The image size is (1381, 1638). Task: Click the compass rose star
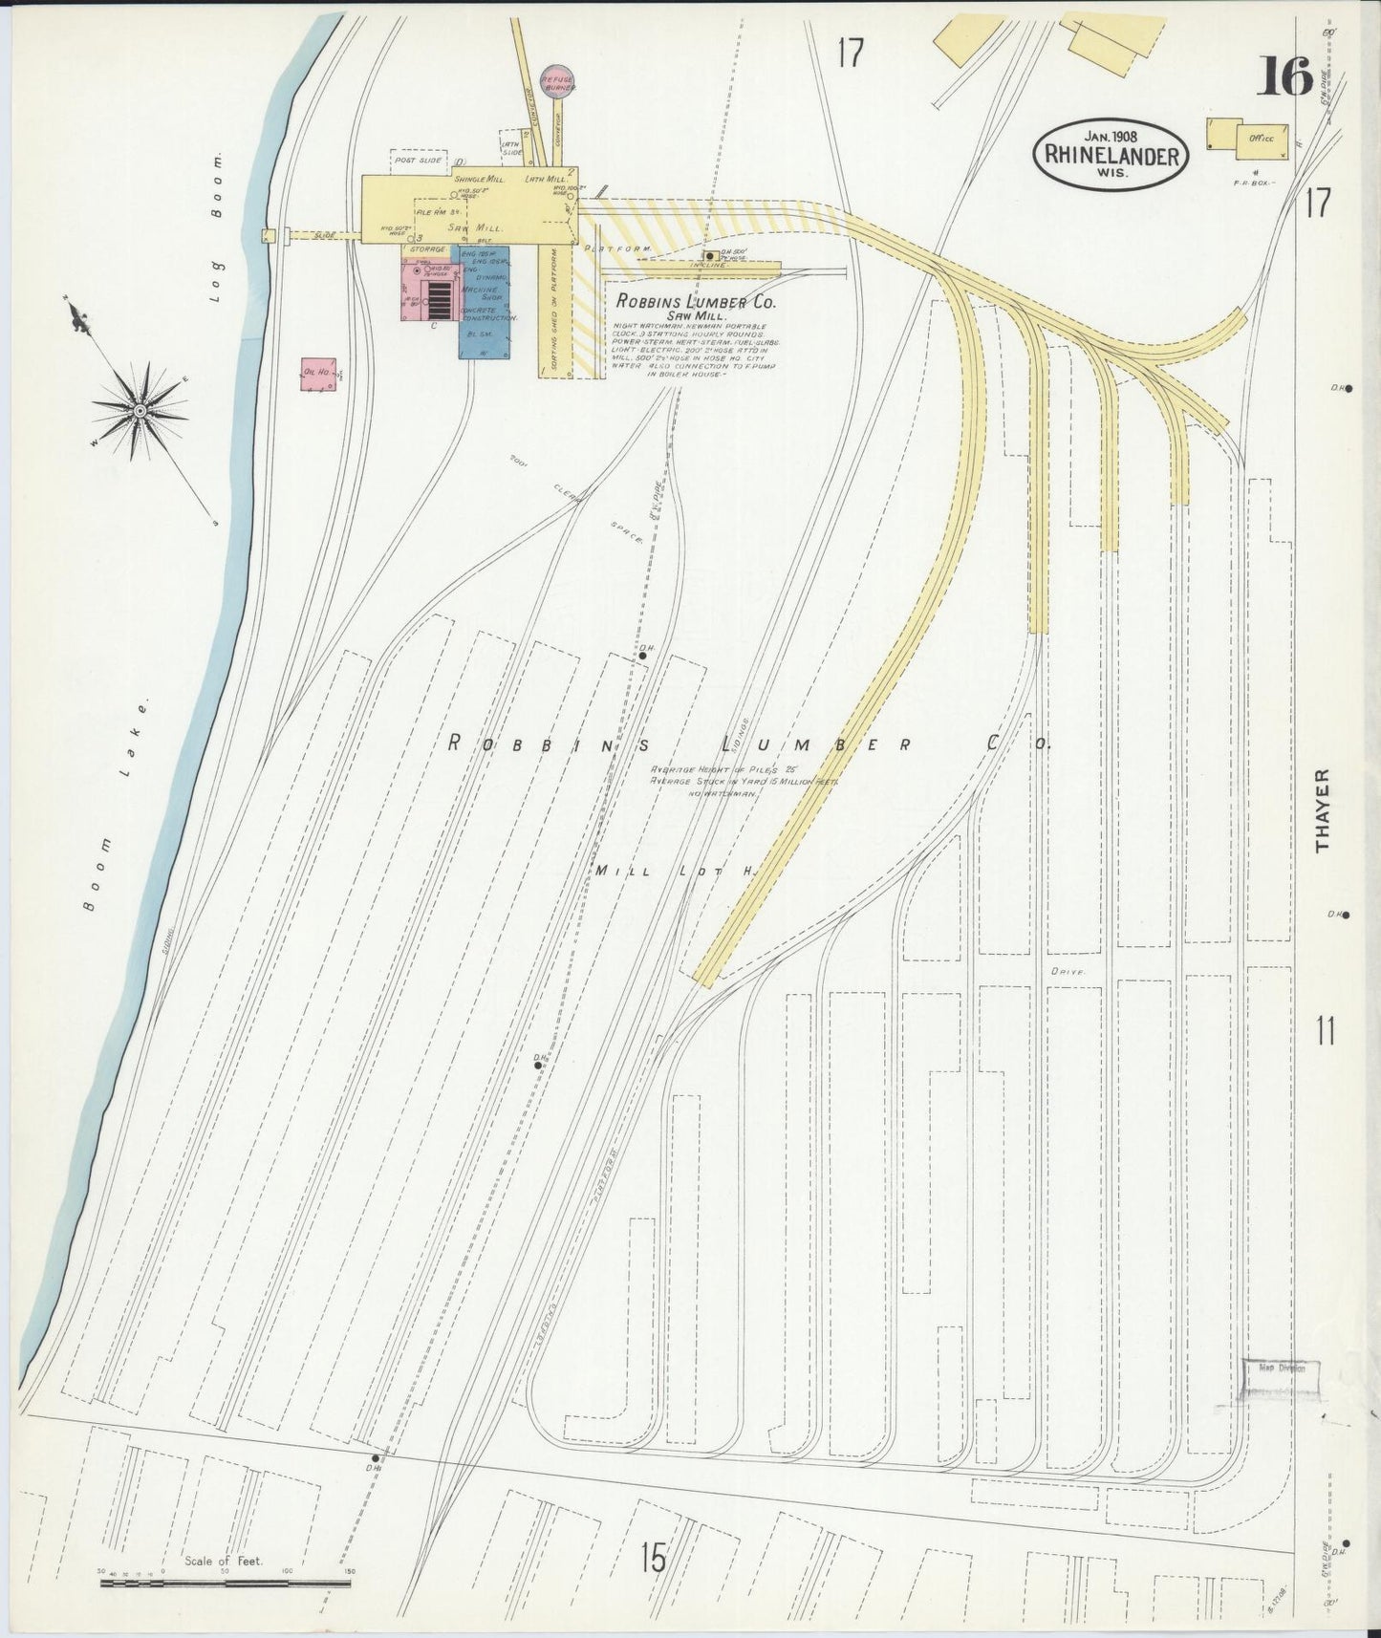[x=140, y=410]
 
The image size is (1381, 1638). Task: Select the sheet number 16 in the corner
[x=1284, y=77]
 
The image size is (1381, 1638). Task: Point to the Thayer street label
[x=1324, y=809]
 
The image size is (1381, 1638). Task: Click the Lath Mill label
[x=546, y=179]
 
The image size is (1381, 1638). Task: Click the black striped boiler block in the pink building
[x=439, y=299]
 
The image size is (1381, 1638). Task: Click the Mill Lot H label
[x=675, y=871]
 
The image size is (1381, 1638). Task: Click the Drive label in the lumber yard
[x=1068, y=971]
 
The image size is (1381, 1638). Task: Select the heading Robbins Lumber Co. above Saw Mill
[x=696, y=301]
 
